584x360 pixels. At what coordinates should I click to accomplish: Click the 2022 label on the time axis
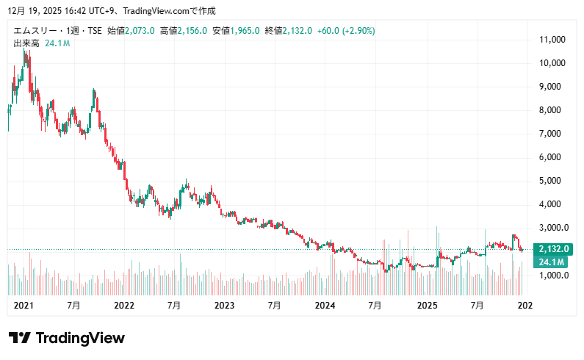coord(123,305)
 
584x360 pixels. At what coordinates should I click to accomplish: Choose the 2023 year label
coord(224,305)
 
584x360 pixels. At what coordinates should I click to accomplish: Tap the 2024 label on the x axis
coord(325,305)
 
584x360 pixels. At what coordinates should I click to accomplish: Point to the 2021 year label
coord(24,305)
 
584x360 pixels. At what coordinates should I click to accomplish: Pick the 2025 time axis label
coord(426,305)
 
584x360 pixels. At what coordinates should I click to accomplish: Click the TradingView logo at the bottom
coord(67,338)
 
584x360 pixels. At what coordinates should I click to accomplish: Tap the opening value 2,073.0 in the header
coord(140,31)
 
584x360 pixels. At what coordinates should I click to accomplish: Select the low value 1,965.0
coord(245,31)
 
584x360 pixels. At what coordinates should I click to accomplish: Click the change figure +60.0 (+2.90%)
coord(345,31)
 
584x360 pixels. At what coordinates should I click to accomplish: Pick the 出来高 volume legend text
coord(26,44)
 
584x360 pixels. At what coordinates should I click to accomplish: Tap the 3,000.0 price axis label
coord(555,228)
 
